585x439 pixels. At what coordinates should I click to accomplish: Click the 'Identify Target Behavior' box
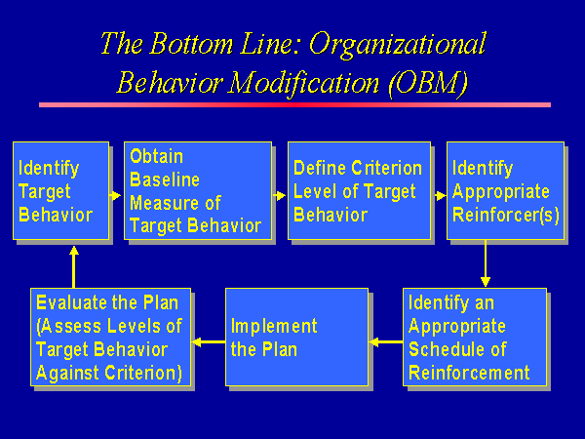coord(60,191)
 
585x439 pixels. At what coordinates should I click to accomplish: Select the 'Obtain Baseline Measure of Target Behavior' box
coord(198,191)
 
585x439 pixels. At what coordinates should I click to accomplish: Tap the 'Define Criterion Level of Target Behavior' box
coord(359,191)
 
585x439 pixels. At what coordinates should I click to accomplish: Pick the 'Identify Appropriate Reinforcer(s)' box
coord(505,191)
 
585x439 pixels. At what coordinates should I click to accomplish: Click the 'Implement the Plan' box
coord(297,338)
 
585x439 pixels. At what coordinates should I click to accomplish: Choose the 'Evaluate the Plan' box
coord(110,338)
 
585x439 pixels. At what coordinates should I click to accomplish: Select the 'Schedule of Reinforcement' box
coord(475,338)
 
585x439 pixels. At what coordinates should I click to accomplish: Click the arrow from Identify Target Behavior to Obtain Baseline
coord(115,195)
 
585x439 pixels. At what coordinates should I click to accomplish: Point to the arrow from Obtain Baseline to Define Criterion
coord(279,195)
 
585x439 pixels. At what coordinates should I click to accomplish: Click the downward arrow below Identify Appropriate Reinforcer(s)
coord(486,263)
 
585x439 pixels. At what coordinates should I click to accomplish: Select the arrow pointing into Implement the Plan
coord(386,341)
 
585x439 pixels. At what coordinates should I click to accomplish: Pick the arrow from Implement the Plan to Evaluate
coord(209,341)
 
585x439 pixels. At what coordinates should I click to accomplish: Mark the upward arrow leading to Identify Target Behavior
coord(73,267)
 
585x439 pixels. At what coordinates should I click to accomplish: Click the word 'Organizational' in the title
coord(398,45)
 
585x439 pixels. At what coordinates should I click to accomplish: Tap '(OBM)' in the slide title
coord(428,83)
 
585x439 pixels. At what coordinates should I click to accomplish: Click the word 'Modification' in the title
coord(303,83)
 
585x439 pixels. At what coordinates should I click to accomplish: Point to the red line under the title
coord(294,105)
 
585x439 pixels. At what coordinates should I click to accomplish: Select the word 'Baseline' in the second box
coord(165,180)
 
